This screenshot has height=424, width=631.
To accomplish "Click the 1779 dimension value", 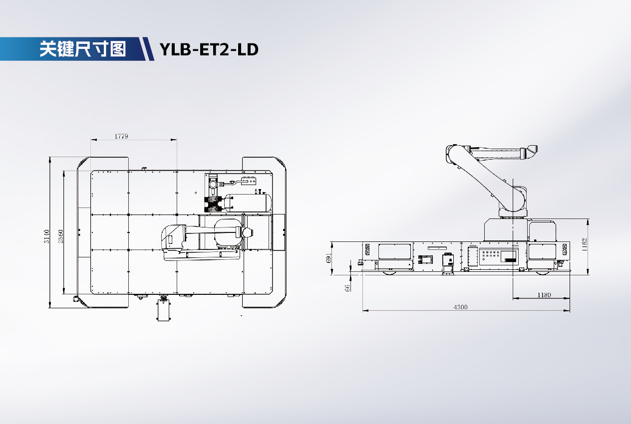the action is (121, 136).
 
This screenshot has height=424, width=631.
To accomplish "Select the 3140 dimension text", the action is (46, 236).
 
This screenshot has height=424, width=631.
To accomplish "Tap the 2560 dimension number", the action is (60, 236).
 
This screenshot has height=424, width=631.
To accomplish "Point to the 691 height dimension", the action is (328, 258).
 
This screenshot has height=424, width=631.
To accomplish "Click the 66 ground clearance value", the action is (347, 288).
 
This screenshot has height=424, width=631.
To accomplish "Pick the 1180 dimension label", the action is (544, 295).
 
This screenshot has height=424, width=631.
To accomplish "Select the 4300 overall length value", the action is (460, 307).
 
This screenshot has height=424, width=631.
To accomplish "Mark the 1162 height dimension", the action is (584, 244).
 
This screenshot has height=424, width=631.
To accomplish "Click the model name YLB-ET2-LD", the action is (209, 49).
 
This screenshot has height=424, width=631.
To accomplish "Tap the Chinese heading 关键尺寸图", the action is (82, 49).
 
